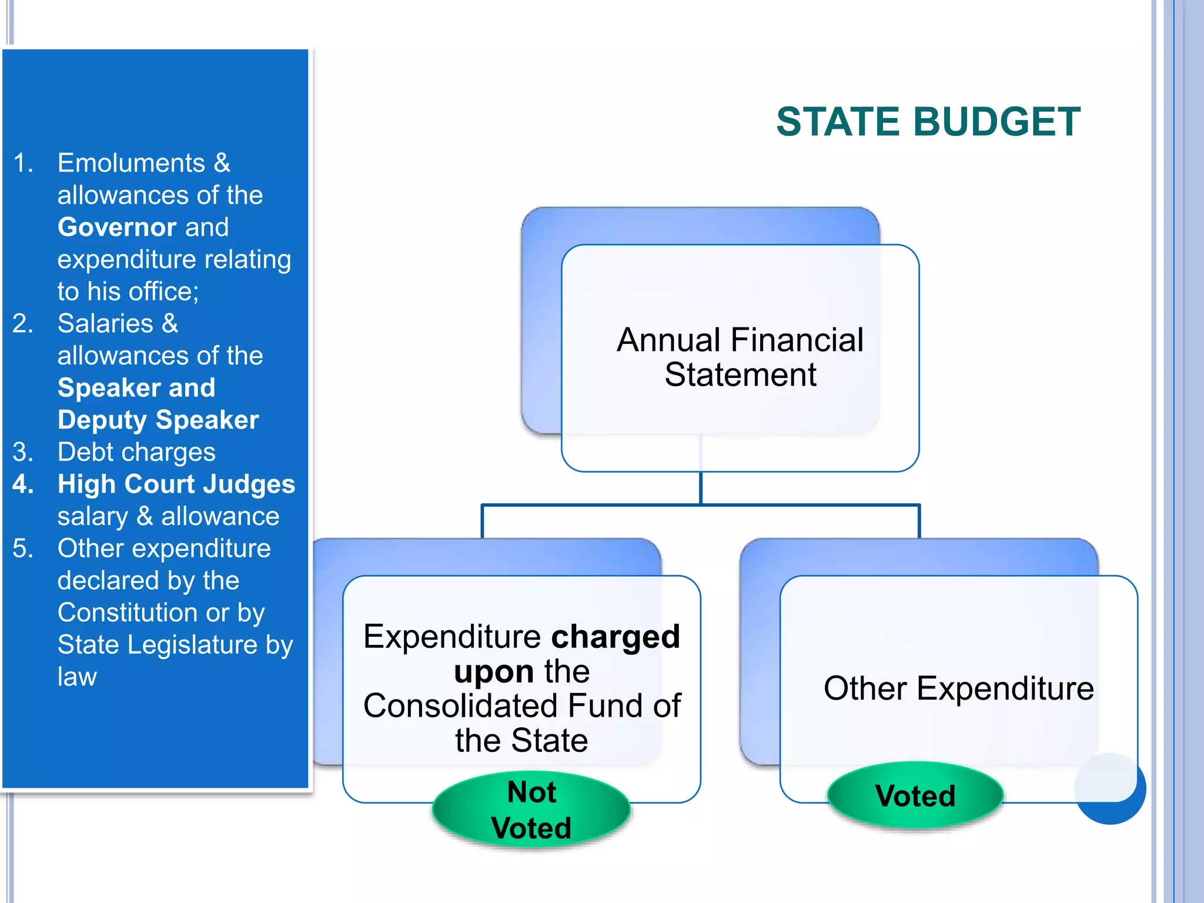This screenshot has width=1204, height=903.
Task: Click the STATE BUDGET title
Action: click(x=928, y=122)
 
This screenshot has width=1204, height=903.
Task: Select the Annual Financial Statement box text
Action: click(x=740, y=357)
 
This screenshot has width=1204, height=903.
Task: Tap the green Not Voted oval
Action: click(x=531, y=810)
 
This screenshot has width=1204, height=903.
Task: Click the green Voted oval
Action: click(x=915, y=795)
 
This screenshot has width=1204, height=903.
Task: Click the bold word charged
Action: click(x=615, y=637)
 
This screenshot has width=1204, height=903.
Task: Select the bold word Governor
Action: click(x=116, y=227)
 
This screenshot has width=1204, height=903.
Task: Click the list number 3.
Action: click(x=23, y=452)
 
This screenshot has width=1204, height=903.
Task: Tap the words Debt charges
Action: click(x=136, y=452)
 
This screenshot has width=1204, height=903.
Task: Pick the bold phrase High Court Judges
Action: click(x=176, y=484)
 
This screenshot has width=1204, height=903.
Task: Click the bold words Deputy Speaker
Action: click(x=158, y=420)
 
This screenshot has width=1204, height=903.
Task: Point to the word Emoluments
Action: click(x=131, y=163)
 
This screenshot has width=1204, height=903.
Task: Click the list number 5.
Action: click(x=23, y=549)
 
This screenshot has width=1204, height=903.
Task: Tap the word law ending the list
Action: click(x=76, y=677)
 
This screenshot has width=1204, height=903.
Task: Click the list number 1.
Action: click(x=23, y=163)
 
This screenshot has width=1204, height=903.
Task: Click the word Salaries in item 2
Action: click(x=105, y=323)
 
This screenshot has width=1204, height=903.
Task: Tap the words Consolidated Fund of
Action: click(x=521, y=705)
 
